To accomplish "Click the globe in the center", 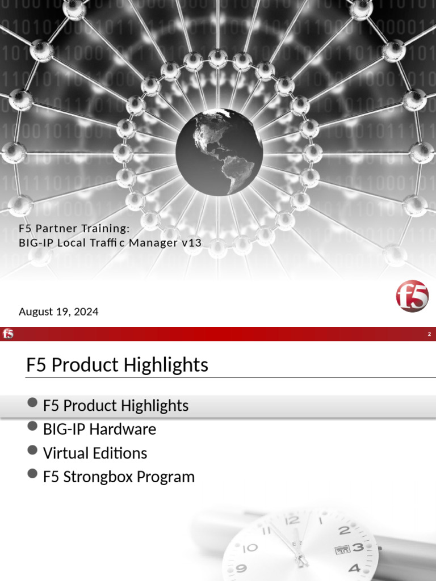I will pos(219,151).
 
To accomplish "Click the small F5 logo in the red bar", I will pos(8,334).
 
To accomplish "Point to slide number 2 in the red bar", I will pos(429,335).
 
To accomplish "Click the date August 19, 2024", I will pos(58,311).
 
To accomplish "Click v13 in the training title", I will pos(191,243).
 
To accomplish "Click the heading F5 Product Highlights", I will pos(117,365).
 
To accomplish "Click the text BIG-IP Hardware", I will pos(99,429).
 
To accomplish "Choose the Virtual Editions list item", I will pos(95,453).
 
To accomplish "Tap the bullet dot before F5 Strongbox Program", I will pos(32,474).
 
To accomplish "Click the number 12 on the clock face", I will pos(291,520).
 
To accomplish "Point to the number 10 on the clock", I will pos(250,548).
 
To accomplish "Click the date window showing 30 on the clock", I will pos(342,549).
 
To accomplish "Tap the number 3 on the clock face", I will pos(358,548).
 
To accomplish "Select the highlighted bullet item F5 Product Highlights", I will pos(115,406).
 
